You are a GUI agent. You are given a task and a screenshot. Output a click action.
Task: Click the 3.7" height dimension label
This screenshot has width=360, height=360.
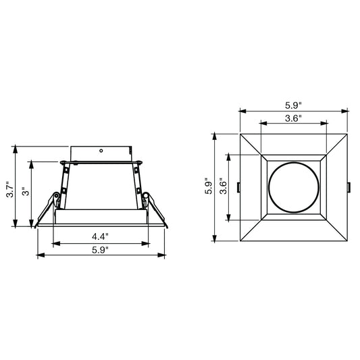(11, 189)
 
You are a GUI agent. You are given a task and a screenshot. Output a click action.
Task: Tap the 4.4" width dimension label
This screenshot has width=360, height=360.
(101, 236)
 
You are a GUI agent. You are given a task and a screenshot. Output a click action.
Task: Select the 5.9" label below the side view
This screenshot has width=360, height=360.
(101, 250)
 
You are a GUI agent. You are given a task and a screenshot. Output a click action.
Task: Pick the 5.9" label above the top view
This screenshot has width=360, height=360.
(293, 105)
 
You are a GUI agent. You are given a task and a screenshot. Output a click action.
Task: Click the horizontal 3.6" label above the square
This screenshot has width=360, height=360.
(293, 118)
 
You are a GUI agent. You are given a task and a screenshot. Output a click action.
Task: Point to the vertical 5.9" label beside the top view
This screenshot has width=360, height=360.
(209, 186)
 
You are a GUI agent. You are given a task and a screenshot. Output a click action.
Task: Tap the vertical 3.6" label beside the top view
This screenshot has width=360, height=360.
(223, 186)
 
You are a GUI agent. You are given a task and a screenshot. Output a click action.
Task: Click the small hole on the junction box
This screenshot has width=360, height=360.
(101, 151)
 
